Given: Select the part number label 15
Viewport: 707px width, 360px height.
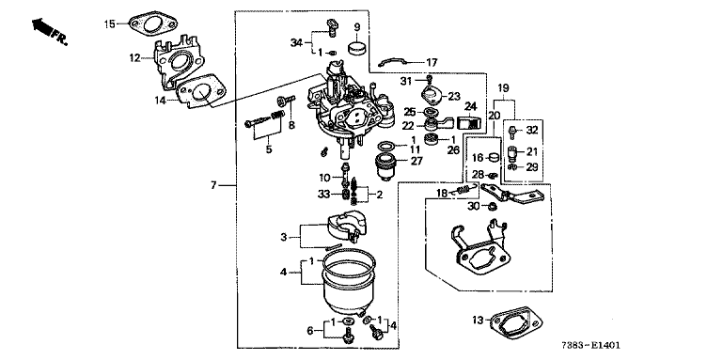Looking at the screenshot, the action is click(x=110, y=23).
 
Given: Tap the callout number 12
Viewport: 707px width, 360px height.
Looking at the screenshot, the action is click(x=134, y=58).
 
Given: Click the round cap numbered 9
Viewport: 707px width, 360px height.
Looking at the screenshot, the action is click(x=357, y=48).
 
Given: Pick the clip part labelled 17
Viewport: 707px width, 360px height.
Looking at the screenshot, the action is click(x=392, y=61).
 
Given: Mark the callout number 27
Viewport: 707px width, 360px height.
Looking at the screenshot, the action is click(x=416, y=161).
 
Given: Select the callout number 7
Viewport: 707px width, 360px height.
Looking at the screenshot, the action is click(x=213, y=185).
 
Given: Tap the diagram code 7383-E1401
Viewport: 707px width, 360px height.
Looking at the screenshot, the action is click(x=590, y=346).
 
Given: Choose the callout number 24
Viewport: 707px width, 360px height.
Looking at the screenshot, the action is click(x=470, y=107).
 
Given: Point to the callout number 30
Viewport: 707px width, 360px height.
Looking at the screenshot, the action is click(x=473, y=206).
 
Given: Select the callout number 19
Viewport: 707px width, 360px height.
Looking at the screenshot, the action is click(x=503, y=87).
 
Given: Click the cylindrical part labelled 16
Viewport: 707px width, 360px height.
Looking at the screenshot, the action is click(x=495, y=157).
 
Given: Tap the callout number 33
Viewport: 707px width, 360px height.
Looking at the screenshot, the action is click(x=323, y=195).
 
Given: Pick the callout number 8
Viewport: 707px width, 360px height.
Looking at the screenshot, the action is click(x=291, y=125).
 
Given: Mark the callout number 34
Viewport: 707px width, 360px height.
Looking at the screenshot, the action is click(x=296, y=43).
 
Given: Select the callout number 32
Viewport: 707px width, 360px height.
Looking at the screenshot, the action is click(x=532, y=131).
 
